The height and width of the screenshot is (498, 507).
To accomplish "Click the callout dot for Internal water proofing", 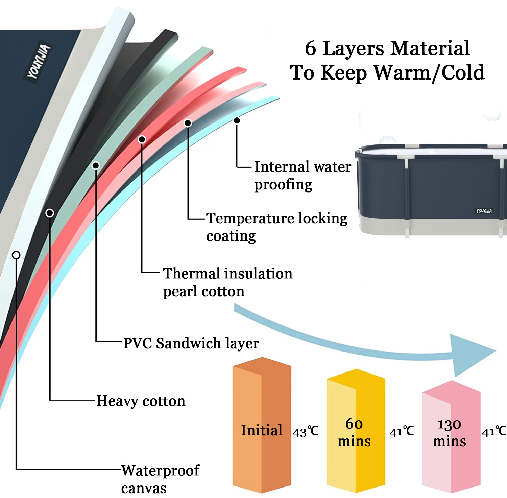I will coord(237,120).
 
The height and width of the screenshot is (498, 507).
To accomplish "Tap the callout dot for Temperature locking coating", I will coord(188,123).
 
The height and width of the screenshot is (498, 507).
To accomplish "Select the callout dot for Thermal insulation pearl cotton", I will coord(142,139).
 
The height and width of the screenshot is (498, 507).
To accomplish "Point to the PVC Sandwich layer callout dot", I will coord(96,165).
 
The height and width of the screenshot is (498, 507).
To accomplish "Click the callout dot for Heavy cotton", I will coord(50,213).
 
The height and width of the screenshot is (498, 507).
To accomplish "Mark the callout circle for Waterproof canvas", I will coord(16,255).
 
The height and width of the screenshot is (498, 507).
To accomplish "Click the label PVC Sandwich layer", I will coord(191,343).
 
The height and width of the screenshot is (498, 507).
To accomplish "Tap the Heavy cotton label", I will coord(141,401).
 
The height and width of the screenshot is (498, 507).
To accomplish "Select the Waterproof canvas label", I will coord(160,479).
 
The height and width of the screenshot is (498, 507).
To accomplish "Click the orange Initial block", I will coord(261,426).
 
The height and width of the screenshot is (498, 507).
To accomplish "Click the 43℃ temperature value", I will coord(305,432).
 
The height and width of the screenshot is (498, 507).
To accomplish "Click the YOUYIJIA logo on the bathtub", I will coord(484,211).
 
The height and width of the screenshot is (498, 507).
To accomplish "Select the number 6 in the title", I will coord(311,48).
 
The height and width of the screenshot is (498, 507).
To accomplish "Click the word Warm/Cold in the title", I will coord(429,73).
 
